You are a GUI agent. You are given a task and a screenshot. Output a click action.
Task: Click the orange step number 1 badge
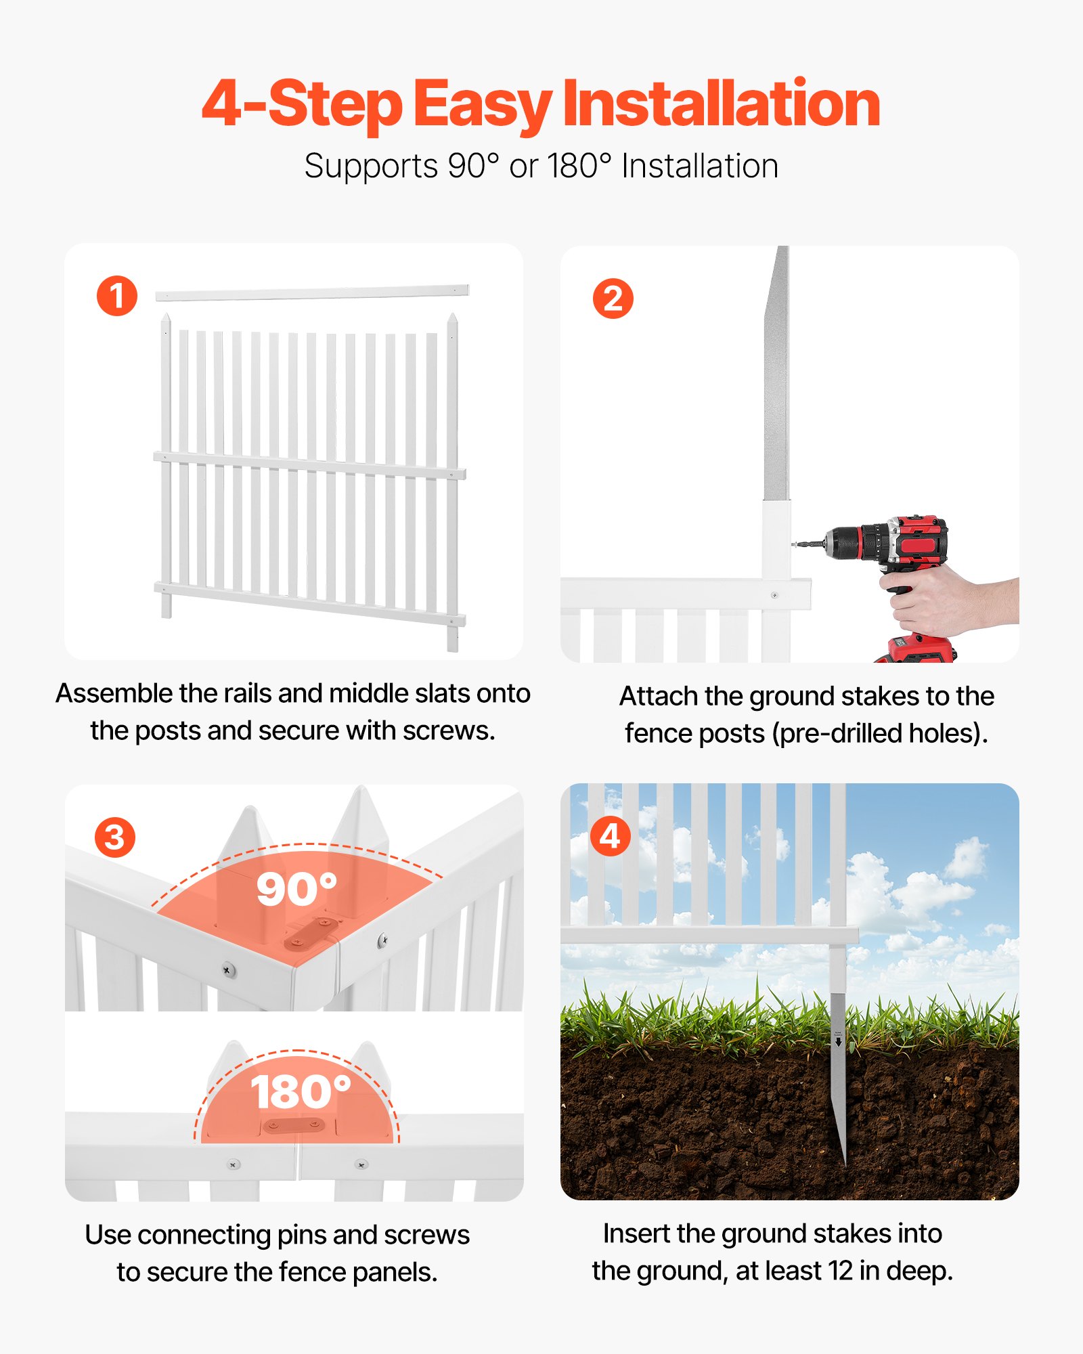click(x=117, y=296)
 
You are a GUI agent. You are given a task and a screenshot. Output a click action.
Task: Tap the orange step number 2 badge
click(x=613, y=299)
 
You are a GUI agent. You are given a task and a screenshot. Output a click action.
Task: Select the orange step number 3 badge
click(x=115, y=837)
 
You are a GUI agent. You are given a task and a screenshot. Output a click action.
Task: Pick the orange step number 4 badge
click(x=610, y=836)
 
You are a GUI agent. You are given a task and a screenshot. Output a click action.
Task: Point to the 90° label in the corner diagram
click(x=296, y=888)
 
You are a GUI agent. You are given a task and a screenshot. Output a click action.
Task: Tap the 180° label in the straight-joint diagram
click(x=301, y=1091)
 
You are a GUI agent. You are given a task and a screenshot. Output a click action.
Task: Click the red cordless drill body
click(x=907, y=542)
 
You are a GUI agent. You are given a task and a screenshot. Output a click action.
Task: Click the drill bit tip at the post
click(x=796, y=544)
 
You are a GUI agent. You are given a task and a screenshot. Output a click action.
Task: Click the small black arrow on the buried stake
click(x=839, y=1043)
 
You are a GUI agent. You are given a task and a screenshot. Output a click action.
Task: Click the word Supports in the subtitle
click(x=371, y=166)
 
